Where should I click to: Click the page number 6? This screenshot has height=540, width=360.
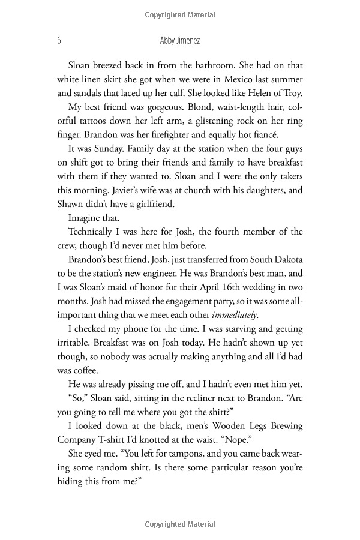pyautogui.click(x=58, y=41)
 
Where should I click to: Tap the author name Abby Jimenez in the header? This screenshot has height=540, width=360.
pyautogui.click(x=179, y=41)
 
